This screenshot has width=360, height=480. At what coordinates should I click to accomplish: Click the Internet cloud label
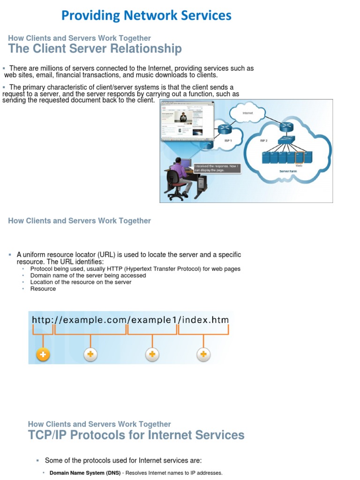[248, 113]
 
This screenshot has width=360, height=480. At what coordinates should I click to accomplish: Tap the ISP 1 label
[228, 140]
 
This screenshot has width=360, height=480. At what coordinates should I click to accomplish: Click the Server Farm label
[288, 172]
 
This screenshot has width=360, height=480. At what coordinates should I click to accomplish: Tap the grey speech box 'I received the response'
[217, 167]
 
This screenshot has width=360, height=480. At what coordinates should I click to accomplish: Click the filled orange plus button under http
[43, 355]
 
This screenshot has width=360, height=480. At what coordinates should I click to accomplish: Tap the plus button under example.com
[90, 355]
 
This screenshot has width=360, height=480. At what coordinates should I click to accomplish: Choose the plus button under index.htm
[203, 355]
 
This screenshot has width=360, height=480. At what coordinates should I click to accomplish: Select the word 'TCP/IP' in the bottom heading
[49, 435]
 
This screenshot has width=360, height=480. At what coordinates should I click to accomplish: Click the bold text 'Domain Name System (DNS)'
[85, 473]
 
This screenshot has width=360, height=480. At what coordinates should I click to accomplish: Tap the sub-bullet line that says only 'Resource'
[43, 289]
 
